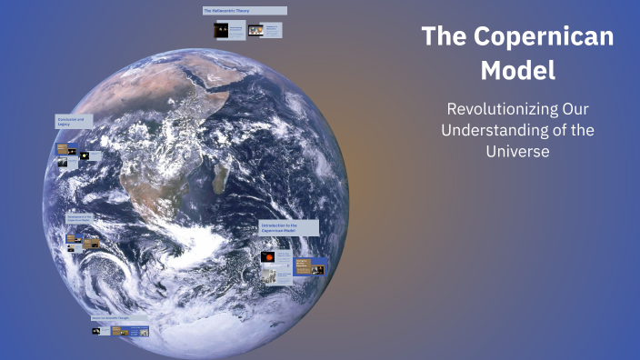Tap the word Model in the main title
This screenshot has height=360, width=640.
tap(517, 70)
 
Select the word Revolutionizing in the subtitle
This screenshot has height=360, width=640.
tap(483, 108)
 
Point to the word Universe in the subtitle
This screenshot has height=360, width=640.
tap(517, 152)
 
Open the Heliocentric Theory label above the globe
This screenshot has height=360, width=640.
tap(244, 11)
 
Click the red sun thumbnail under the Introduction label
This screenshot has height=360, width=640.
tap(268, 257)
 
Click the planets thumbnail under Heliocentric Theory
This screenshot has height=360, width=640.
tap(221, 31)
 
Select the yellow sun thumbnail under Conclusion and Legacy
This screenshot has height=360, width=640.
tap(85, 156)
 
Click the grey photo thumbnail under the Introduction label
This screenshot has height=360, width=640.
tap(270, 274)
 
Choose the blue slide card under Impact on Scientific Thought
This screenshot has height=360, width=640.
tap(138, 331)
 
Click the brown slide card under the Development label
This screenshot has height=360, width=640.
tap(90, 243)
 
